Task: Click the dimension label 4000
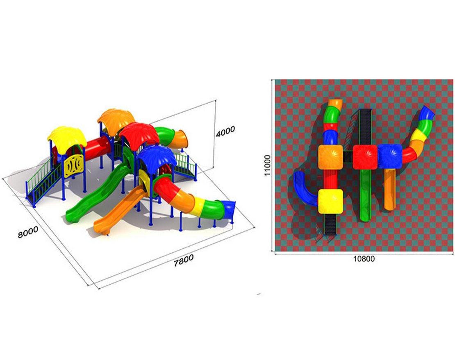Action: pos(225,131)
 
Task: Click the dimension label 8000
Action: pos(28,232)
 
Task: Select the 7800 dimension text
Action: pos(184,260)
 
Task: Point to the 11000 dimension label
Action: pos(267,165)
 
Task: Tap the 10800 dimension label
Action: pos(364,258)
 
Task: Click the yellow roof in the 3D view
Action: pos(67,138)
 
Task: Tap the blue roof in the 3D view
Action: pos(157,156)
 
